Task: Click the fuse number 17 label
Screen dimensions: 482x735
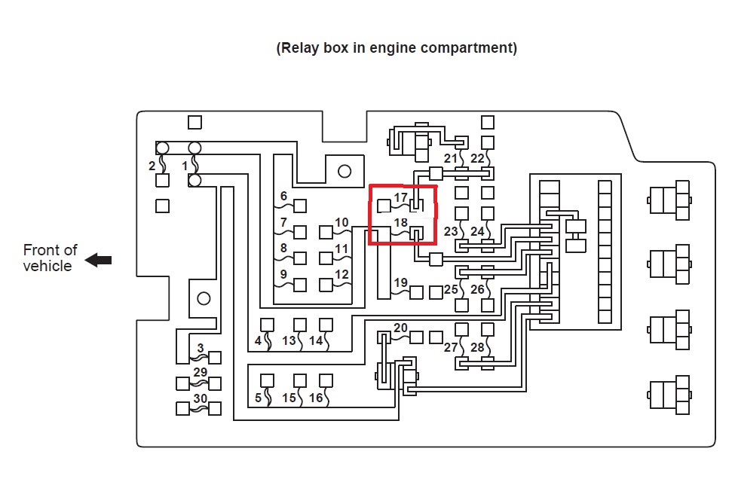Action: pyautogui.click(x=400, y=198)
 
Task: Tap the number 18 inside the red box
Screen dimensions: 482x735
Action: pyautogui.click(x=400, y=224)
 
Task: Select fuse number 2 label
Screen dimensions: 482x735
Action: pyautogui.click(x=152, y=166)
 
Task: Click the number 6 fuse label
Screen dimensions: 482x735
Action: pyautogui.click(x=283, y=197)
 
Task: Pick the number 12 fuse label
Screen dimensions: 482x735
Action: pyautogui.click(x=341, y=275)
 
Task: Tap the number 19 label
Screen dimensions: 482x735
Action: pyautogui.click(x=400, y=283)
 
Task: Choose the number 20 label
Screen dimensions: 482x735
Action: pyautogui.click(x=400, y=328)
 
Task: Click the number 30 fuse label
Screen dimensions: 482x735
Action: pyautogui.click(x=200, y=398)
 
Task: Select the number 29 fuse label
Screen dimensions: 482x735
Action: pyautogui.click(x=200, y=373)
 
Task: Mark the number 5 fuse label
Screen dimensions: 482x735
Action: pyautogui.click(x=258, y=398)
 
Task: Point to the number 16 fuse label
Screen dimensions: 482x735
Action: pyautogui.click(x=316, y=398)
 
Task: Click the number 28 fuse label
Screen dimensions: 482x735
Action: pyautogui.click(x=478, y=347)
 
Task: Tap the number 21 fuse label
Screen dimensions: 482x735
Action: pyautogui.click(x=451, y=158)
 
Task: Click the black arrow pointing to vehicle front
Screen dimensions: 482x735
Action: pyautogui.click(x=98, y=260)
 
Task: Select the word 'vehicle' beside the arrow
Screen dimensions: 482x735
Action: pyautogui.click(x=47, y=266)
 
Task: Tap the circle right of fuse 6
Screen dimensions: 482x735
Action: pyautogui.click(x=345, y=171)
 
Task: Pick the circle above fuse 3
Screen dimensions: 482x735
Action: pyautogui.click(x=204, y=298)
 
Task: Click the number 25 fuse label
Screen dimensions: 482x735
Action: pyautogui.click(x=451, y=289)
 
